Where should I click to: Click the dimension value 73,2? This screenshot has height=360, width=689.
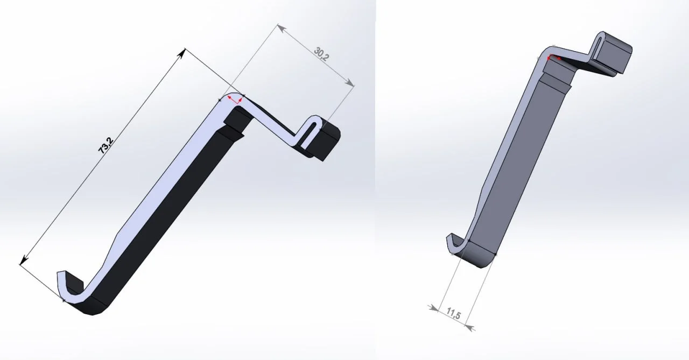[x=106, y=145]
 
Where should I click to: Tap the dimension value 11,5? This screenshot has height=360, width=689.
[x=453, y=314]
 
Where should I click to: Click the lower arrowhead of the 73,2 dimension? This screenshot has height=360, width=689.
[x=23, y=259]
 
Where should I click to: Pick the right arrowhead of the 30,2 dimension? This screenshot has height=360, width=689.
[x=349, y=83]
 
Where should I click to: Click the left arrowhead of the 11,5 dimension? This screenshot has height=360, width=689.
[x=434, y=308]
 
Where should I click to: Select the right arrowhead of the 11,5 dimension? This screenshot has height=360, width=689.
[x=469, y=328]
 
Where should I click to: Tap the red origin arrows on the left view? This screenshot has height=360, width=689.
[x=235, y=100]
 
